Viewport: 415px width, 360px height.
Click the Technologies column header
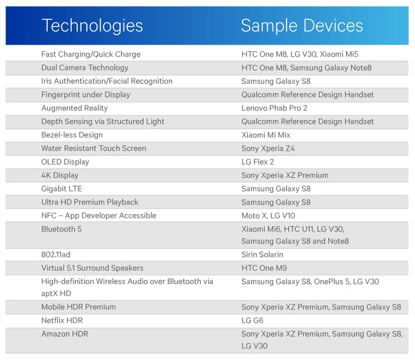[x=92, y=26]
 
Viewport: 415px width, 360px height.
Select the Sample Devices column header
[x=302, y=26]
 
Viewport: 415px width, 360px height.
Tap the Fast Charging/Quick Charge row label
[x=90, y=54]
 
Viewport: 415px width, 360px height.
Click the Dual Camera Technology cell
[x=84, y=68]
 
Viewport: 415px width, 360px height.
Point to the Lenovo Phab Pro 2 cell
[x=274, y=108]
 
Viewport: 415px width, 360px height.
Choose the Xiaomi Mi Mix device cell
[x=266, y=135]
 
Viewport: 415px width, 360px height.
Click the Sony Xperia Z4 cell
[x=268, y=148]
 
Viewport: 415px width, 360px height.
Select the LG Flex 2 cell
[x=258, y=162]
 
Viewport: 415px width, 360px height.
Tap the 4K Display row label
[x=60, y=175]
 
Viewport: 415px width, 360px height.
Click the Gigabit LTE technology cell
[x=62, y=189]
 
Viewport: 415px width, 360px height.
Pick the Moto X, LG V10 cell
[x=268, y=215]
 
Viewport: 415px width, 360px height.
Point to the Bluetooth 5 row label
[x=62, y=229]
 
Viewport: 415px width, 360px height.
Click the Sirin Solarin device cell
[x=262, y=254]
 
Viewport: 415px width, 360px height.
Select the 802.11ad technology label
[x=56, y=254]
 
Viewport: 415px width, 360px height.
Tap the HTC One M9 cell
[x=264, y=268]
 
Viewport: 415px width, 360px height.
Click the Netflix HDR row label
[x=62, y=320]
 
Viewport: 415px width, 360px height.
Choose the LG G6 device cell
[x=253, y=320]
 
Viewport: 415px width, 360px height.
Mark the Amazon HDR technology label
[x=65, y=334]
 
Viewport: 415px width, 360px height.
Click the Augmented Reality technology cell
[x=75, y=108]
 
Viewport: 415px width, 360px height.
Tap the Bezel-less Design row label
[x=72, y=135]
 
